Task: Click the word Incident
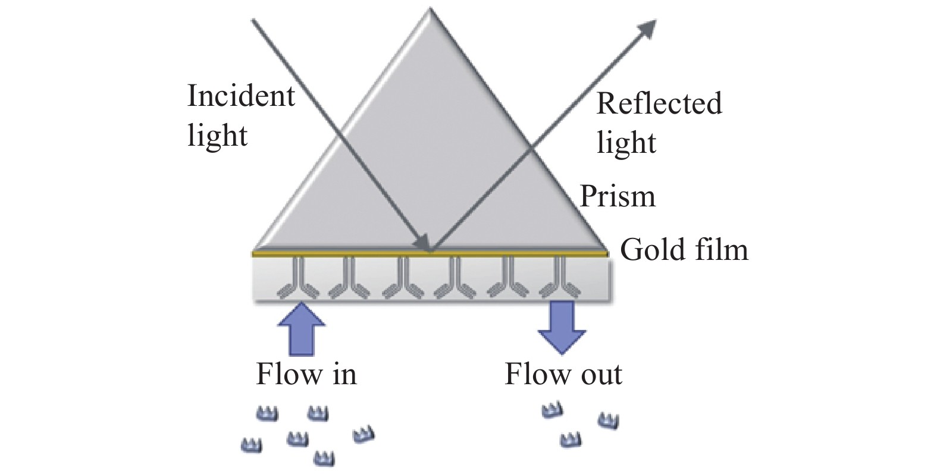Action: [241, 96]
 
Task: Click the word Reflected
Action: [659, 103]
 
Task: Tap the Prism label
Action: [618, 196]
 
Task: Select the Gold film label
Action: [684, 250]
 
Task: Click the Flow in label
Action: [306, 375]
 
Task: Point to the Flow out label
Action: [563, 375]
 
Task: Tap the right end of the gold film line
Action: [607, 253]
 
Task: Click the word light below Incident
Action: [217, 136]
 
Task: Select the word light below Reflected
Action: [626, 143]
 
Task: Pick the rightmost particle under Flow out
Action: [608, 420]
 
